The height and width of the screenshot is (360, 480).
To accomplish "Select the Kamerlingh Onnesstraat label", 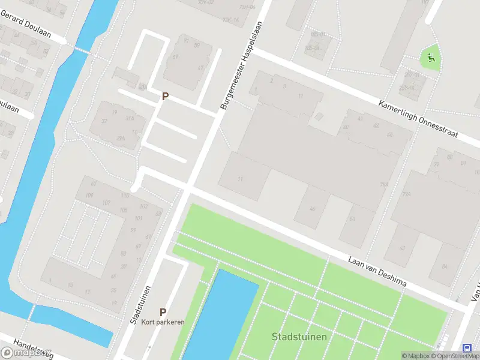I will pyautogui.click(x=418, y=119).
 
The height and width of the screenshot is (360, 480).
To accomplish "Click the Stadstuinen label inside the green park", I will pyautogui.click(x=299, y=336).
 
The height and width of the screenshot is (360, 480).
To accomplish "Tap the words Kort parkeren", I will pyautogui.click(x=163, y=322).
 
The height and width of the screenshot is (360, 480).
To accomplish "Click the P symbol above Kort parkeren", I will pyautogui.click(x=163, y=312).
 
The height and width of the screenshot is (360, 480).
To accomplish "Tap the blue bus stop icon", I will pyautogui.click(x=467, y=348).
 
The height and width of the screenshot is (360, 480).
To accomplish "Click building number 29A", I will pyautogui.click(x=121, y=139).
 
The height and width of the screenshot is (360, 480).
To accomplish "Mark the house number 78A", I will pyautogui.click(x=384, y=185).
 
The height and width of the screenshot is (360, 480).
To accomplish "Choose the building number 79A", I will pyautogui.click(x=406, y=194).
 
